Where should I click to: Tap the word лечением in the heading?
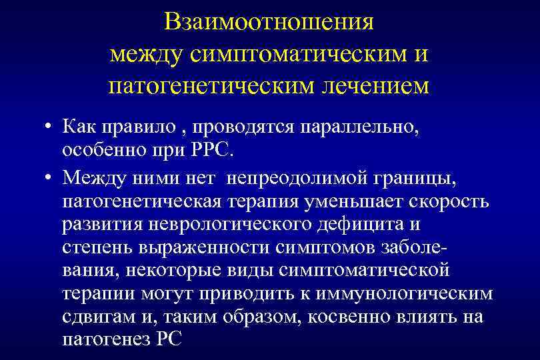[374, 86]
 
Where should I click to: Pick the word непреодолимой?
[295, 178]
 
